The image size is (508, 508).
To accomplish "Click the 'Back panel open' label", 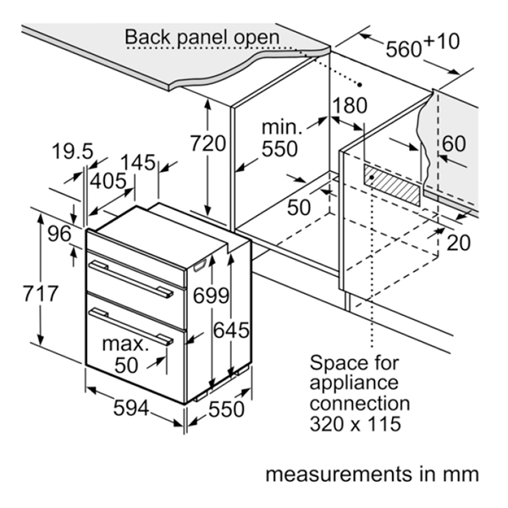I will click(202, 37).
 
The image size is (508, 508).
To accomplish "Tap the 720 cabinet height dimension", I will click(207, 144).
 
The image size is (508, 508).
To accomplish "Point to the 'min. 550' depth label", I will click(279, 138).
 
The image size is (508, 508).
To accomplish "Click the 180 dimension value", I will click(349, 106).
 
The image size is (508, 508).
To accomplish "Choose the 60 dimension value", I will click(454, 144).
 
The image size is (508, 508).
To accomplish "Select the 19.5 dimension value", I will click(72, 152).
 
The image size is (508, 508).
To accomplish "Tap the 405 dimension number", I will click(108, 180).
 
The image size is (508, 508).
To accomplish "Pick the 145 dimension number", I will click(138, 162).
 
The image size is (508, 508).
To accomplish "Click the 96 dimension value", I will click(59, 235).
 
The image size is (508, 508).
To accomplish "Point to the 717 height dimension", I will click(40, 294).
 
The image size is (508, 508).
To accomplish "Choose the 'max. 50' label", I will click(125, 353).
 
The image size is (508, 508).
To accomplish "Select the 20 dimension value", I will click(458, 242).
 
